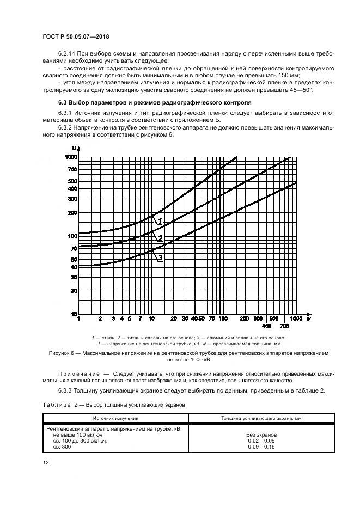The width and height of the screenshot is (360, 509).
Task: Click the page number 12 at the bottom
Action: click(47, 463)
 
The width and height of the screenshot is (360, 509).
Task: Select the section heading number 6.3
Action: click(63, 102)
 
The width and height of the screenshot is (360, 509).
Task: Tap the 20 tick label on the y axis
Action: click(74, 291)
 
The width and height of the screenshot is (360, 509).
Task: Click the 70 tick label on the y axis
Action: click(74, 248)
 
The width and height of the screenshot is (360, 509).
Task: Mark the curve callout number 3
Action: click(160, 258)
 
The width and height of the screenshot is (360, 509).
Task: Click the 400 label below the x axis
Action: click(267, 326)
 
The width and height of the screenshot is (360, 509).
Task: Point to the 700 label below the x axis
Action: click(284, 326)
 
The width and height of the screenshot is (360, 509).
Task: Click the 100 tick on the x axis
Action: click(222, 318)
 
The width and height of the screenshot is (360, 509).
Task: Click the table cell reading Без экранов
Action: click(261, 435)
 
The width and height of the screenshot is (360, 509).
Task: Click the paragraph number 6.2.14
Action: click(67, 54)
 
